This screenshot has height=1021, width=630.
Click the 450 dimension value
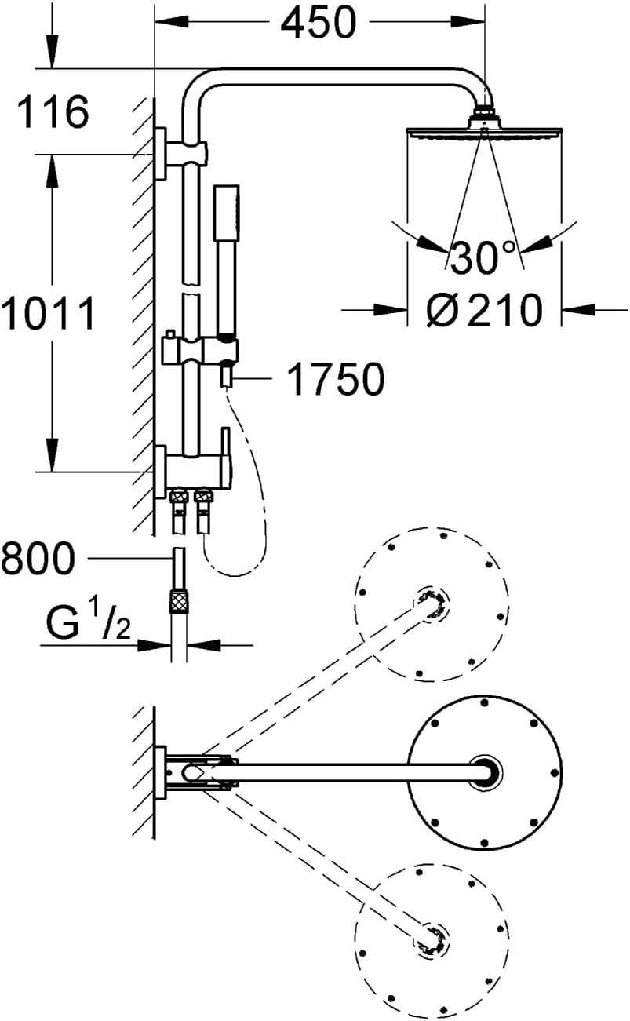[x=318, y=22]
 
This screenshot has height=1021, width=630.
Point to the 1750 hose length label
[x=337, y=379]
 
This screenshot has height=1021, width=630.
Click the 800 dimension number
[x=38, y=558]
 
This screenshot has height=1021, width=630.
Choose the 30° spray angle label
[x=483, y=257]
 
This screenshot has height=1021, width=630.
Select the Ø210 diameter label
[x=485, y=310]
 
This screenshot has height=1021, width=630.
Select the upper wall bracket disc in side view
[x=160, y=154]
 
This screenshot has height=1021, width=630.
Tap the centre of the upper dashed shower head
[x=431, y=605]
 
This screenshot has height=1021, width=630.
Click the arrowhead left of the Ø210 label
[x=391, y=311]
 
